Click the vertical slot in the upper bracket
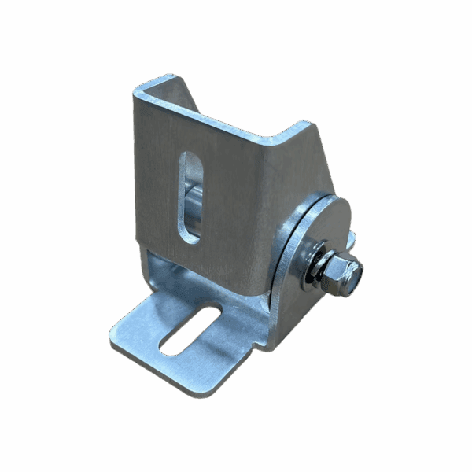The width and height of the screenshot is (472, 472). pos(190,197)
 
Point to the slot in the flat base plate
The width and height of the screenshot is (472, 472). pos(190,330)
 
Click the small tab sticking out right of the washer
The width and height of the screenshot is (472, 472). pos(351,238)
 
